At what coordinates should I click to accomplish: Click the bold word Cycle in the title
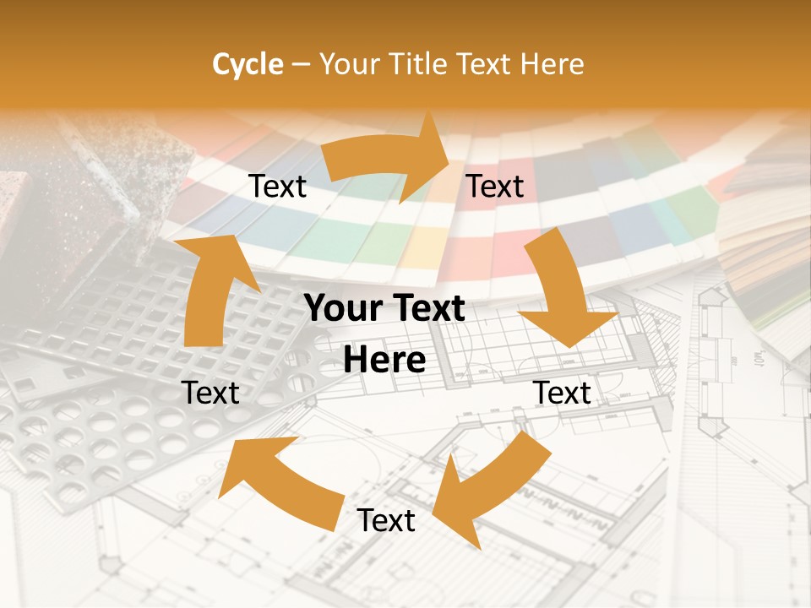coord(248,64)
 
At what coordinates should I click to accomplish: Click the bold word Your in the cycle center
coord(342,309)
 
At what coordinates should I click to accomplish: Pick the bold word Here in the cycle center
coord(384,361)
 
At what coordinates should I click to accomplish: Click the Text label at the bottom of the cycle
coord(386,521)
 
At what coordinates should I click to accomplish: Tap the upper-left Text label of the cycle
coord(278,187)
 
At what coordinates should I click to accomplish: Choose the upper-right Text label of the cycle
coord(495,187)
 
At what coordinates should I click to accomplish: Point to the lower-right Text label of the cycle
coord(562,393)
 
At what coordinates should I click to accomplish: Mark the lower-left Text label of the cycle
coord(210,393)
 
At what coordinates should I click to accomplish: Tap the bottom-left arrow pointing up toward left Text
coord(279,481)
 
